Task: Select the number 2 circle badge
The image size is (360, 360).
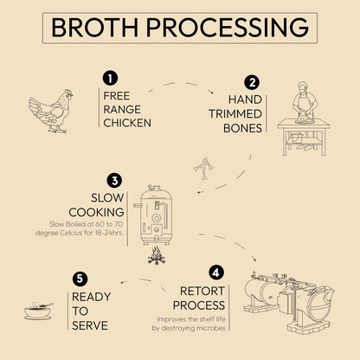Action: [x=252, y=83]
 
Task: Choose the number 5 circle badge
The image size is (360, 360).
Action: [x=80, y=278]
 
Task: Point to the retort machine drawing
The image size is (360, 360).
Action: [x=299, y=299]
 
